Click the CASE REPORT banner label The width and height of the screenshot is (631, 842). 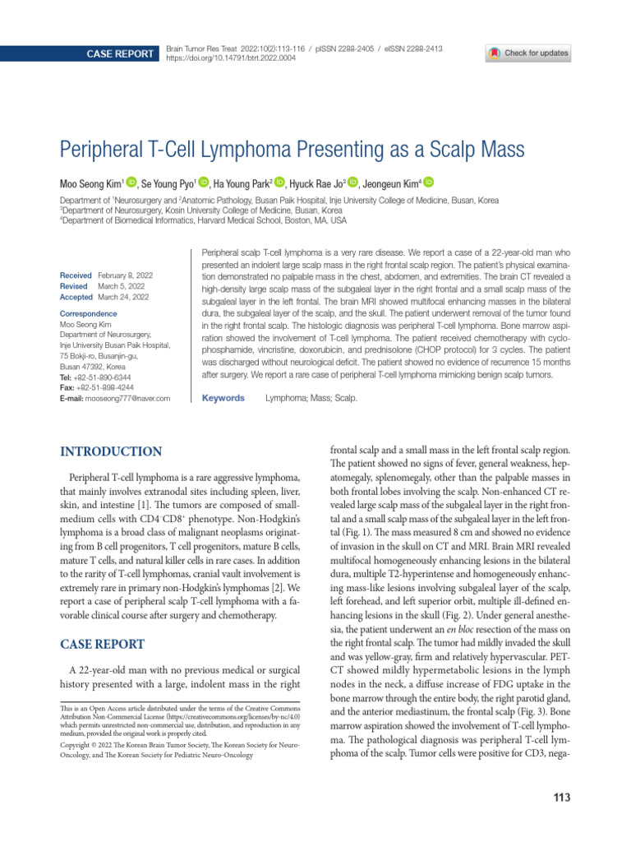pos(121,54)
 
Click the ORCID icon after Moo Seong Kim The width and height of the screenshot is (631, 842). pos(132,183)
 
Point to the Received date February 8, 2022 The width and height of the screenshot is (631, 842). pos(124,275)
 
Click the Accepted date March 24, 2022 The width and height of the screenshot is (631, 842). pos(123,296)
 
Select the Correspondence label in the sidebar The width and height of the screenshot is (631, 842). pos(89,314)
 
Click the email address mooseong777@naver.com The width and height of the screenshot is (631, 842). pos(132,398)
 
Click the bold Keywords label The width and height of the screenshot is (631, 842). pos(223,398)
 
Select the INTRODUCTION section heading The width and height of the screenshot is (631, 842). pos(111,451)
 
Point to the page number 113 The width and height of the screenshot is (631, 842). pos(562,798)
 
